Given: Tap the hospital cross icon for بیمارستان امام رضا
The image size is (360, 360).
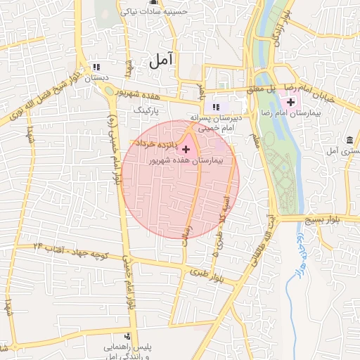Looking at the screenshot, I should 290,103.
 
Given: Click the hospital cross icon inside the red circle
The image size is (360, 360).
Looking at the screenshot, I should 185,150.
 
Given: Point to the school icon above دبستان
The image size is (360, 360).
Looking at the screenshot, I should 95,67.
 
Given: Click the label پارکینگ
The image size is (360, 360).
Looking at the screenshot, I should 147,110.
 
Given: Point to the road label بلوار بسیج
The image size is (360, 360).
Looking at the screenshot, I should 320,220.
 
